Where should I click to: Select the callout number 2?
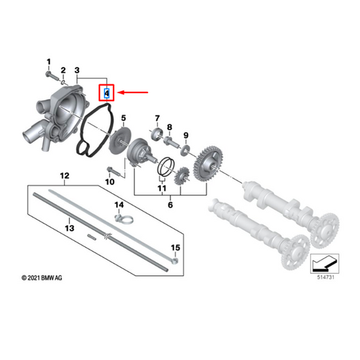63,70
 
